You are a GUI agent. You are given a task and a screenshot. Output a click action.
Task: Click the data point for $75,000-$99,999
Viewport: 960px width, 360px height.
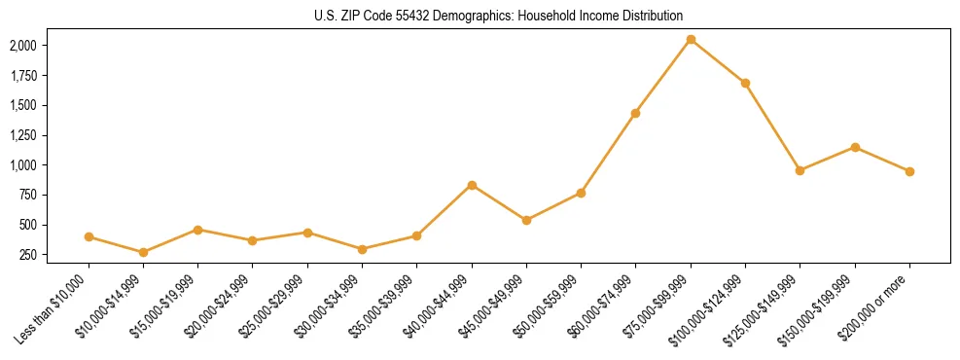click(691, 40)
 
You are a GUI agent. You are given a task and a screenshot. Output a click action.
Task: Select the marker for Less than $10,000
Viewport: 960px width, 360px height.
click(89, 236)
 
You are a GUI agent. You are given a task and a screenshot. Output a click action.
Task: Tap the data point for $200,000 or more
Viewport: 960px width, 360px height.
click(909, 171)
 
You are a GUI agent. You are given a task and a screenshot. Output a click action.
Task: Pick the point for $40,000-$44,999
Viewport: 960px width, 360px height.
click(472, 185)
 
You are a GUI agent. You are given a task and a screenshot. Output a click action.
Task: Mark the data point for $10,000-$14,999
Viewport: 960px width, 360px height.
click(144, 252)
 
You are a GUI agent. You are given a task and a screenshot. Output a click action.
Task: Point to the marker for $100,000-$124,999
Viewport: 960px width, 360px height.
click(745, 84)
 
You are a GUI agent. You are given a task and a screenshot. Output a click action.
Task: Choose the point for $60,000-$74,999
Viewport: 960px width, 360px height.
click(635, 113)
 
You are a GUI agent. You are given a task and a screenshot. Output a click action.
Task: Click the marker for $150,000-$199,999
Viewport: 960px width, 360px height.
click(855, 147)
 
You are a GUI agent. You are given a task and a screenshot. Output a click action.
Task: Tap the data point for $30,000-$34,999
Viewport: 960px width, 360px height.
click(362, 249)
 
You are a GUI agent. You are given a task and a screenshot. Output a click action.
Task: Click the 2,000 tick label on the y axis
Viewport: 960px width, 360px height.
click(23, 46)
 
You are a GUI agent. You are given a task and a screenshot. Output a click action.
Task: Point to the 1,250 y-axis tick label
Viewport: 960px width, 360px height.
click(23, 135)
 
